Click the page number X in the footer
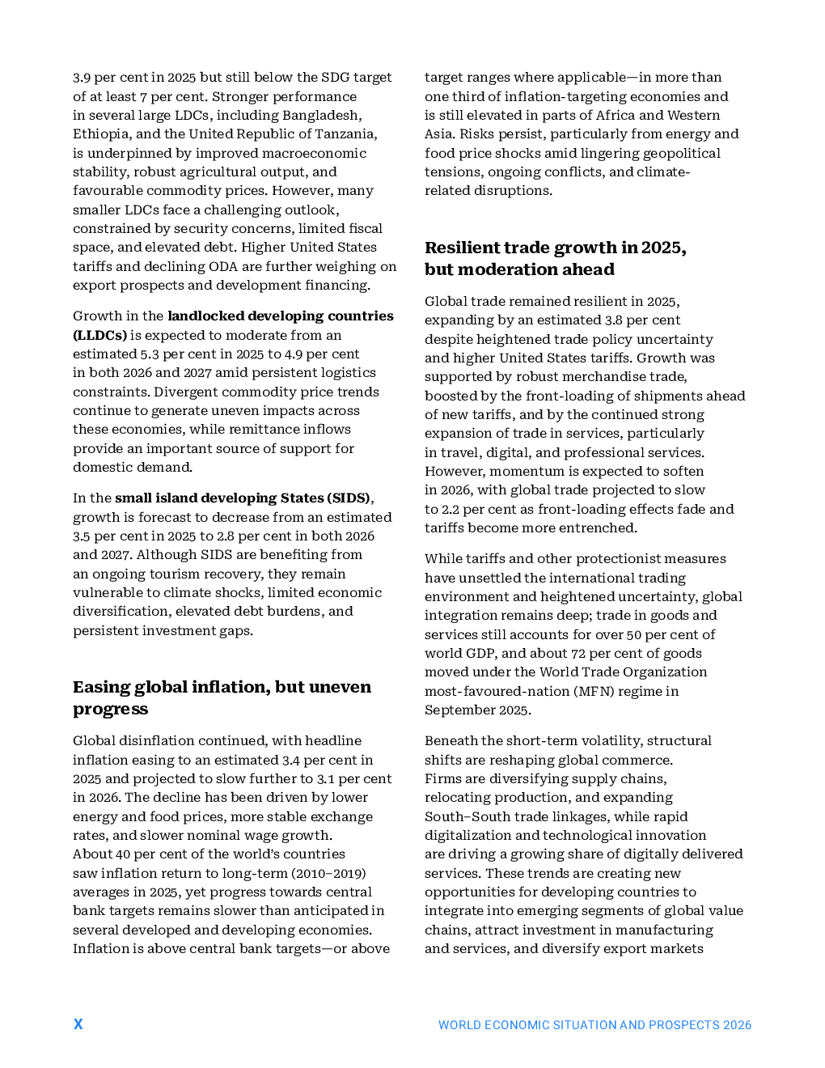(x=78, y=1023)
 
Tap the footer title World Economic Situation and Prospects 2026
(x=594, y=1025)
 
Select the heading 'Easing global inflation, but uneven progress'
(x=222, y=697)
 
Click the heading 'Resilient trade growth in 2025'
(x=555, y=248)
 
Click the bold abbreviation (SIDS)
(x=349, y=498)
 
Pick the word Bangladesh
(x=322, y=115)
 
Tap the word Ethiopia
(x=102, y=133)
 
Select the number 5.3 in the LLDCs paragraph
(x=150, y=354)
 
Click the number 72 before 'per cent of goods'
(x=578, y=653)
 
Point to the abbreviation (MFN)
(x=596, y=691)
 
